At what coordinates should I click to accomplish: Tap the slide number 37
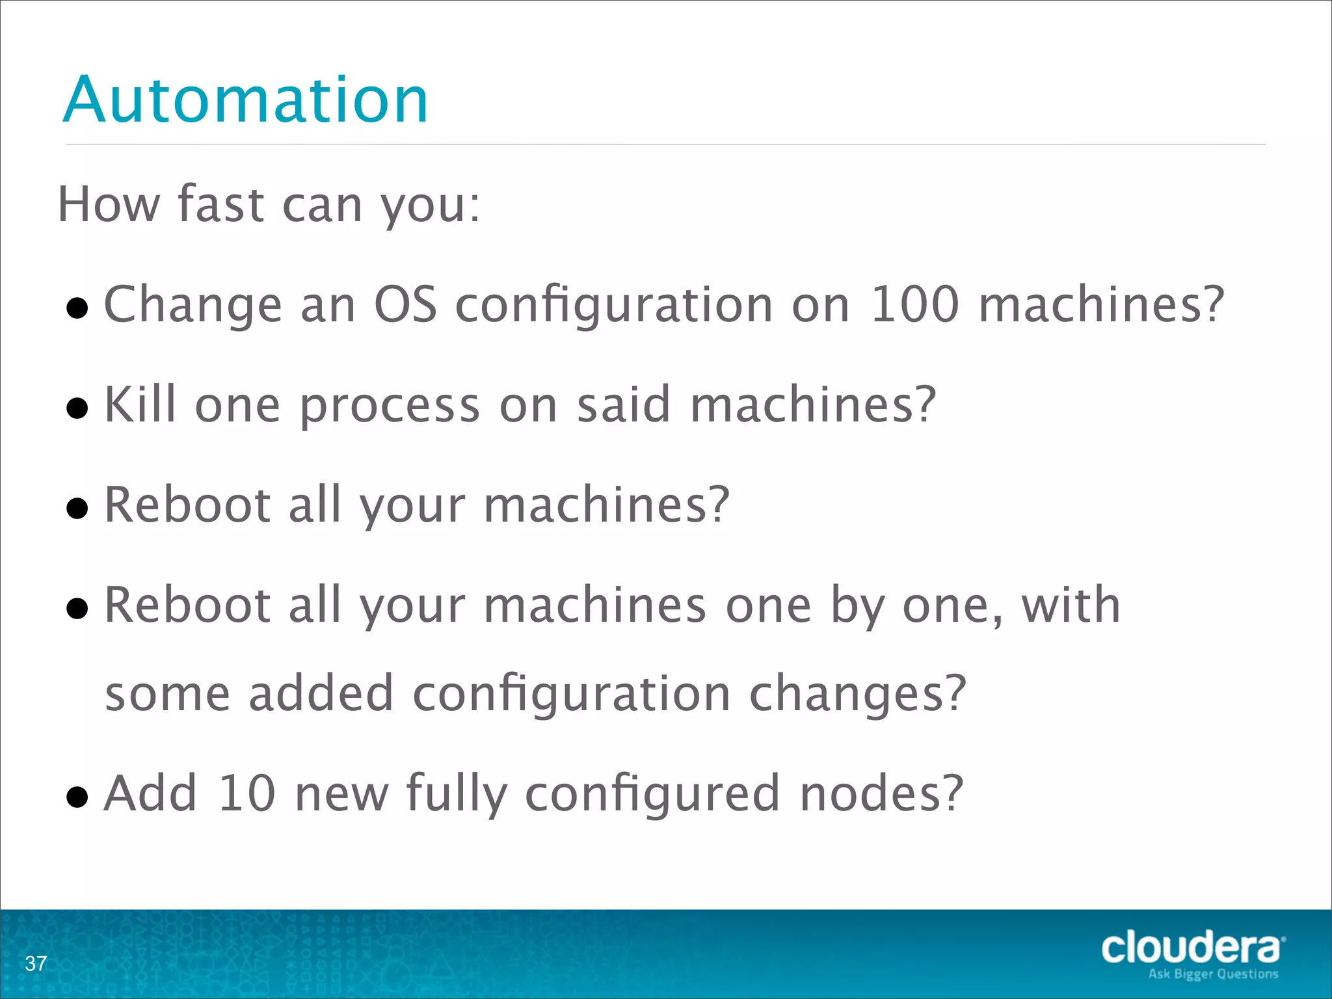tap(36, 963)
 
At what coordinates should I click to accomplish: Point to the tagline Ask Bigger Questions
tap(1213, 974)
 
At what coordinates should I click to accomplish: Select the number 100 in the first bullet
tap(914, 304)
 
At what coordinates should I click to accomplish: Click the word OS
tap(405, 304)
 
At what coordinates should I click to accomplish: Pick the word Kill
tap(140, 405)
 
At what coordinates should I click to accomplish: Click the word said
tap(623, 405)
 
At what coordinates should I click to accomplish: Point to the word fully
tap(456, 795)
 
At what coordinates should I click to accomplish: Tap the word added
tap(321, 693)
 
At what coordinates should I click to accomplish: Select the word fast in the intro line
tap(220, 204)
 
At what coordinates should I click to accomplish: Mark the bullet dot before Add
tap(77, 797)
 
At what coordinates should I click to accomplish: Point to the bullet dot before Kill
tap(77, 409)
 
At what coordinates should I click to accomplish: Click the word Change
tap(193, 306)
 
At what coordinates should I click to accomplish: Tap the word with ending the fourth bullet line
tap(1071, 605)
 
